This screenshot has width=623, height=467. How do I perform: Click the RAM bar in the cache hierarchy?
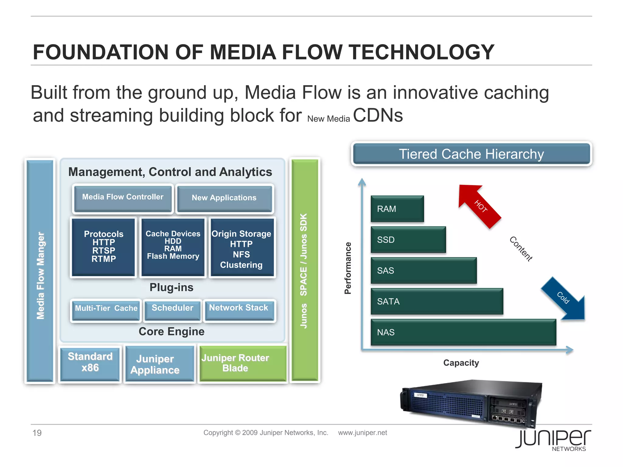click(x=397, y=209)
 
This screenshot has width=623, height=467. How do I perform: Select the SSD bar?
click(x=408, y=240)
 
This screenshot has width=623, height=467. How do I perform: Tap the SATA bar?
click(x=437, y=301)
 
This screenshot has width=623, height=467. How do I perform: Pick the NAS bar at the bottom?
click(x=463, y=332)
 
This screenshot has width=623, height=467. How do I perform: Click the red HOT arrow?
click(x=479, y=205)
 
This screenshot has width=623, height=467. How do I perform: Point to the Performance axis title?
click(x=348, y=268)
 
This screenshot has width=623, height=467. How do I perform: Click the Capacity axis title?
click(x=461, y=363)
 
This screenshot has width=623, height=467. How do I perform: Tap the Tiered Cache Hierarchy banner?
click(x=471, y=154)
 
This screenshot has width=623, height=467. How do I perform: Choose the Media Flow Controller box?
click(x=123, y=198)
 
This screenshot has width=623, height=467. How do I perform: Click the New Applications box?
click(x=224, y=198)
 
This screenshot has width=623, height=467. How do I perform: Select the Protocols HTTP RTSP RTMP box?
click(x=103, y=247)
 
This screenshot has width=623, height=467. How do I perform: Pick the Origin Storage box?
click(x=242, y=247)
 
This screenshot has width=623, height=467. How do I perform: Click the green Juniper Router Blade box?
click(x=242, y=363)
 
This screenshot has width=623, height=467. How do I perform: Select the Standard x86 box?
click(x=90, y=363)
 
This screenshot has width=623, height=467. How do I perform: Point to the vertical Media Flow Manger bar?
click(x=40, y=271)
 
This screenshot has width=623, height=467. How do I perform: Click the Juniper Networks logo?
click(x=553, y=440)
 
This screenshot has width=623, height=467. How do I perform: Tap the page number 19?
click(x=37, y=433)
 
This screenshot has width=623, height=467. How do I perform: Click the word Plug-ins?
click(x=172, y=287)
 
